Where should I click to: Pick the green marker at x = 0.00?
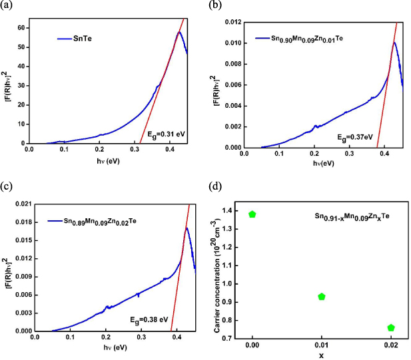point(252,214)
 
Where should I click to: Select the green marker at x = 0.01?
point(322,296)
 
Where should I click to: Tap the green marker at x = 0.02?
point(391,327)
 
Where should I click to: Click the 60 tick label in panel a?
point(20,28)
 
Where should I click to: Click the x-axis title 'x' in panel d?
point(322,355)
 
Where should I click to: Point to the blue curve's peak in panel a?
point(179,32)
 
